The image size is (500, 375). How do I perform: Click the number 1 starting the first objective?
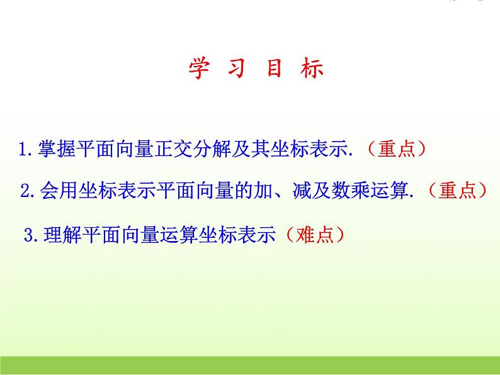[23, 150]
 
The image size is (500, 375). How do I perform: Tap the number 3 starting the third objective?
[28, 235]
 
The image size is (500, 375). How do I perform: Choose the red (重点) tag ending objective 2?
[457, 191]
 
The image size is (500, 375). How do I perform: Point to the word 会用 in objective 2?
[57, 191]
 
